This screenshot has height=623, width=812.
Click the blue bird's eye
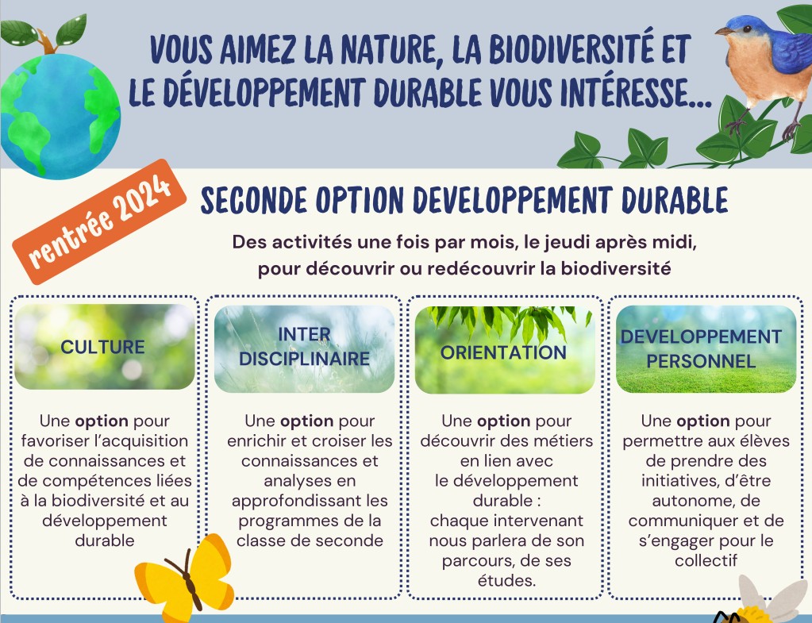(x=746, y=29)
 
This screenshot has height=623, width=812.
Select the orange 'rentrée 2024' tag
(x=99, y=221)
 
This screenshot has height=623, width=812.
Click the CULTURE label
(x=102, y=347)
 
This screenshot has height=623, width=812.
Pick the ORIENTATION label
(x=503, y=352)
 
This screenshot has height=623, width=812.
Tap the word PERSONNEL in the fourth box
(x=701, y=361)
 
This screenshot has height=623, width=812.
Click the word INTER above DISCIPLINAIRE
(x=304, y=335)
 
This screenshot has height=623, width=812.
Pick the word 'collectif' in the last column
(x=706, y=560)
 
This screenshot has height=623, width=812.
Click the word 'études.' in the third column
(x=506, y=580)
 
